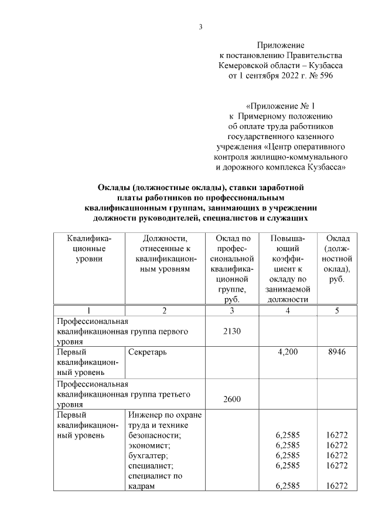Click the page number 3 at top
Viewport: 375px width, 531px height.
tap(201, 26)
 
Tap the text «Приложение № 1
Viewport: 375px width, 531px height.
tap(281, 106)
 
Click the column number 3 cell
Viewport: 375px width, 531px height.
tap(233, 310)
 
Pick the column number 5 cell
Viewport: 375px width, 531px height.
tap(337, 310)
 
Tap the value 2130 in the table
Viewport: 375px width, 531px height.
tap(233, 332)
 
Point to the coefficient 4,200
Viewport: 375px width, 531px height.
tap(287, 352)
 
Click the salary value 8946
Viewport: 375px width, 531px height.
tap(337, 352)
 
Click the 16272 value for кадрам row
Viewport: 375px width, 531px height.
tap(337, 486)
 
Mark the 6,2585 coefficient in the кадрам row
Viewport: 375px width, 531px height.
tap(287, 486)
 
